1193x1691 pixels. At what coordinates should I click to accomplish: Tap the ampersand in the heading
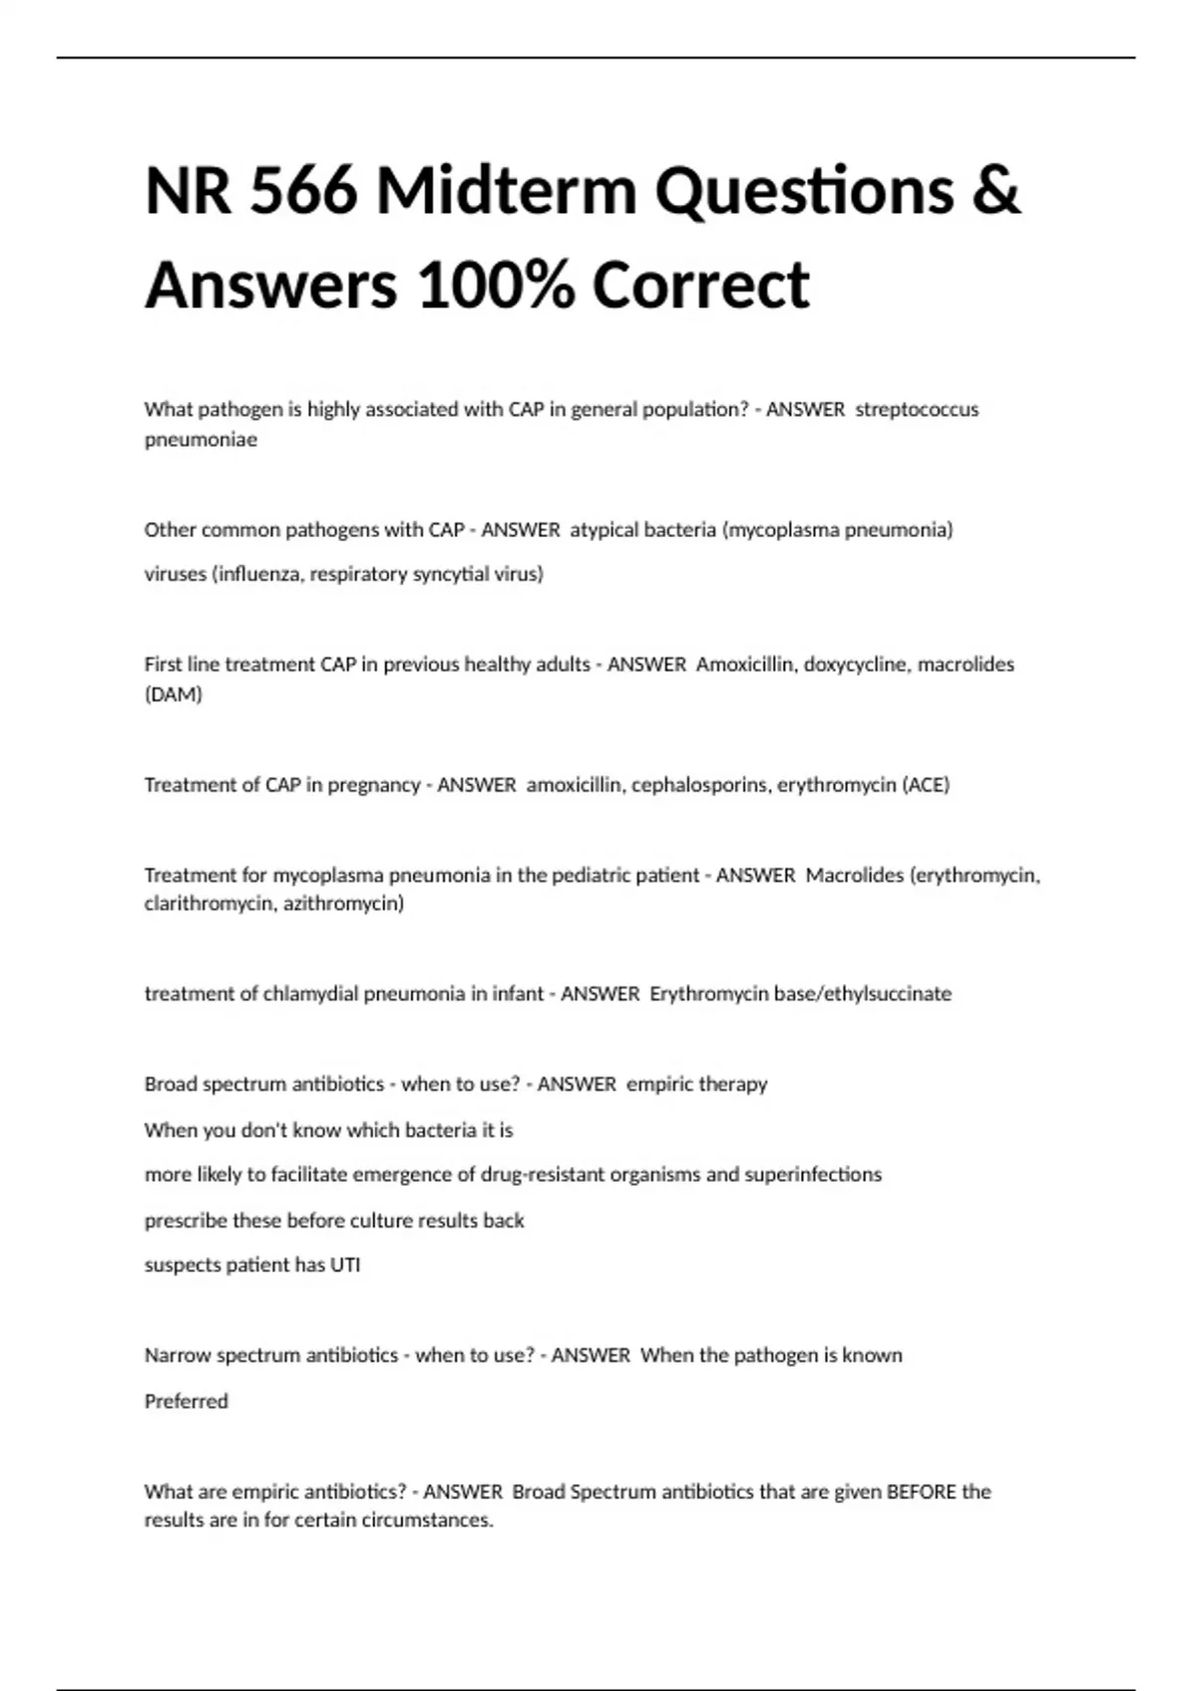[996, 191]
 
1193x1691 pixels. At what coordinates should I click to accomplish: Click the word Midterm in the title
[506, 191]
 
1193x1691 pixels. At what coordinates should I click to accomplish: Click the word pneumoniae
[201, 440]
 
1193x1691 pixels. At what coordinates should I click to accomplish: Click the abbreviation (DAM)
[173, 694]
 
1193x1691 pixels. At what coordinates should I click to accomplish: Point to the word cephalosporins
[700, 785]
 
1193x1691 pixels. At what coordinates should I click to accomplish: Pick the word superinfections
[813, 1175]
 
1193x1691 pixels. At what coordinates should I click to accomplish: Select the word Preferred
[186, 1402]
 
